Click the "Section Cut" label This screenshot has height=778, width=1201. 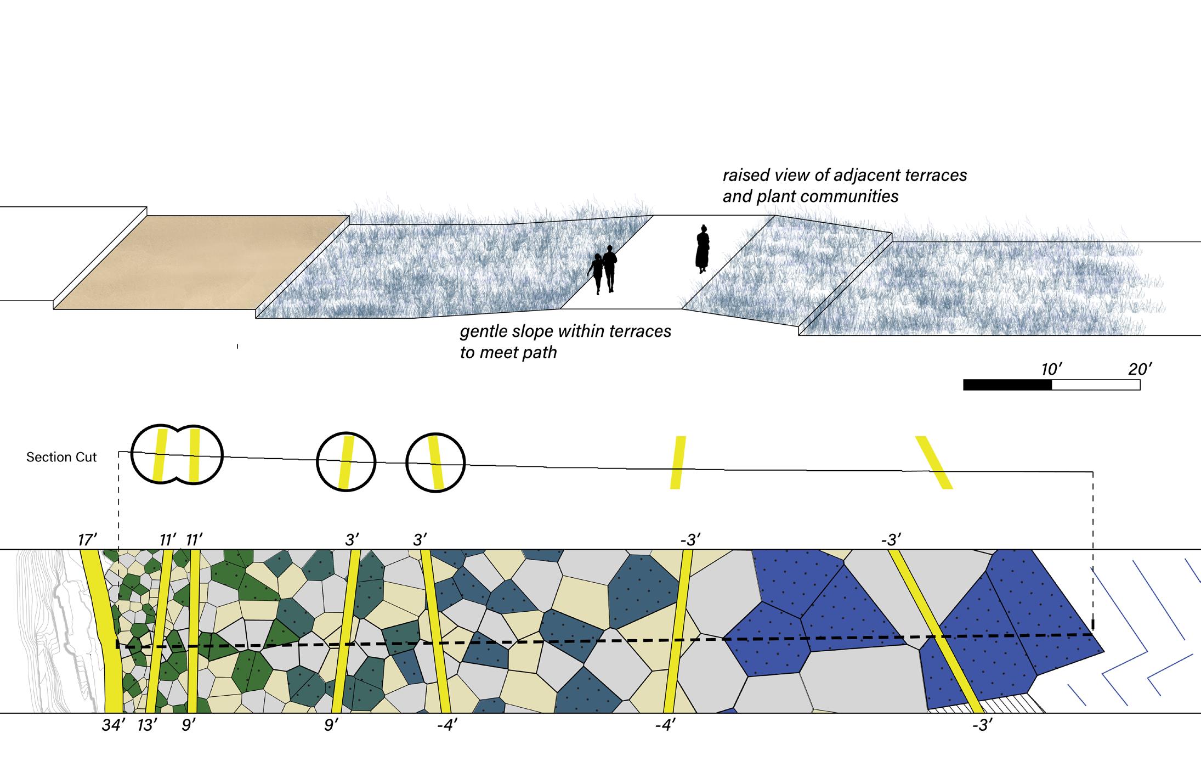pos(61,457)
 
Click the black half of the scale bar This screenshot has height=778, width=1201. pos(1007,385)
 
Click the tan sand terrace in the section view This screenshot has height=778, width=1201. pos(201,262)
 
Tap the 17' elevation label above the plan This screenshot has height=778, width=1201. pos(87,540)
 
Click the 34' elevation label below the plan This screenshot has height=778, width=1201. pos(114,725)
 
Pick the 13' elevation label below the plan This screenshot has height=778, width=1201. pos(147,725)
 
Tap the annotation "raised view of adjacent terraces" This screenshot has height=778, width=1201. pos(845,176)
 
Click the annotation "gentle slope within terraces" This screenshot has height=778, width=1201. pos(565,332)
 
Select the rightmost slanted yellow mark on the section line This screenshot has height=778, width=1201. pos(933,462)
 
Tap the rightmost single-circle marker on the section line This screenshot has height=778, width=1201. pos(435,462)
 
